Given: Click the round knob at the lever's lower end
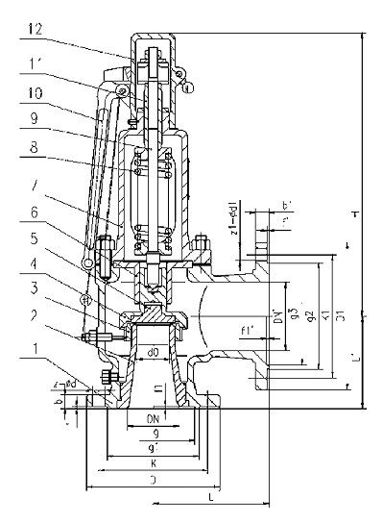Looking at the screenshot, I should click(88, 261).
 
